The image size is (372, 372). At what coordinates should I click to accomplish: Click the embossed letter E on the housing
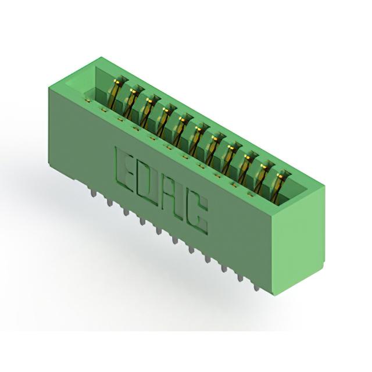point(124,168)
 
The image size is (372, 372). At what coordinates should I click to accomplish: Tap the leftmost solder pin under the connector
point(94,192)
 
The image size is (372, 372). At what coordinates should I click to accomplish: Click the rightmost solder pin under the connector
point(256,286)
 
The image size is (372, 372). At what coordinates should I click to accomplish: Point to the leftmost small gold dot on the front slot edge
point(88,101)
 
